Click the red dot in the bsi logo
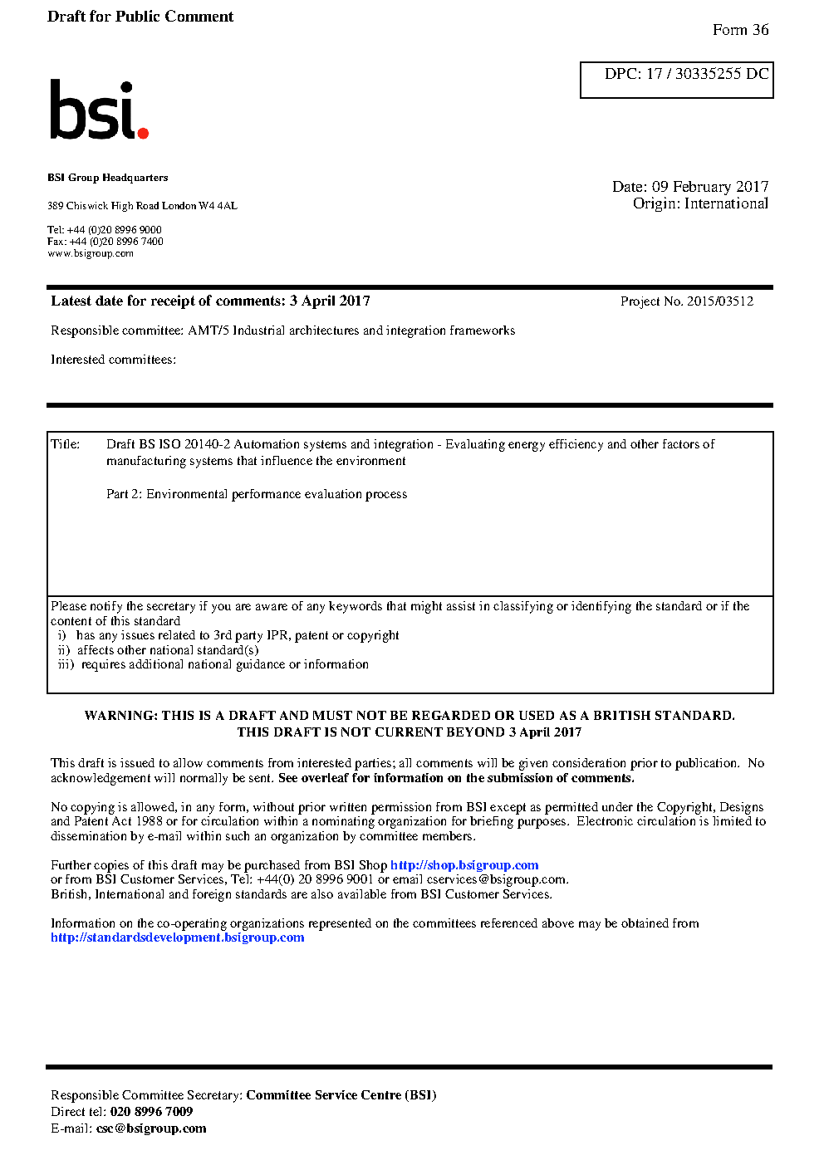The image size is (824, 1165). pyautogui.click(x=143, y=132)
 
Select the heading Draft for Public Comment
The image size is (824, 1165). pyautogui.click(x=140, y=17)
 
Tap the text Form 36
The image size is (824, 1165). pyautogui.click(x=740, y=30)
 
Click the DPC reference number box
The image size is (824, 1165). pyautogui.click(x=676, y=80)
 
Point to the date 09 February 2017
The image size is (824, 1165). pyautogui.click(x=710, y=187)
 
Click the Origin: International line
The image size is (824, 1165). pyautogui.click(x=700, y=203)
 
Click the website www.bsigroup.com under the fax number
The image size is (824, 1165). pyautogui.click(x=91, y=253)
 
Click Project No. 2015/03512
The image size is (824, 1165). pyautogui.click(x=686, y=301)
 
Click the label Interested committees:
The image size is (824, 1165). pyautogui.click(x=113, y=360)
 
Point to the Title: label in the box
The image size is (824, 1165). pyautogui.click(x=66, y=444)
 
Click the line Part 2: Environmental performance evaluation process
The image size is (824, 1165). pyautogui.click(x=257, y=494)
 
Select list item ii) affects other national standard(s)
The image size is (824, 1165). pyautogui.click(x=158, y=650)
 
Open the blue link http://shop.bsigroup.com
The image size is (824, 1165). pyautogui.click(x=464, y=865)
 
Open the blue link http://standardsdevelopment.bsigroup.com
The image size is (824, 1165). pyautogui.click(x=177, y=937)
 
